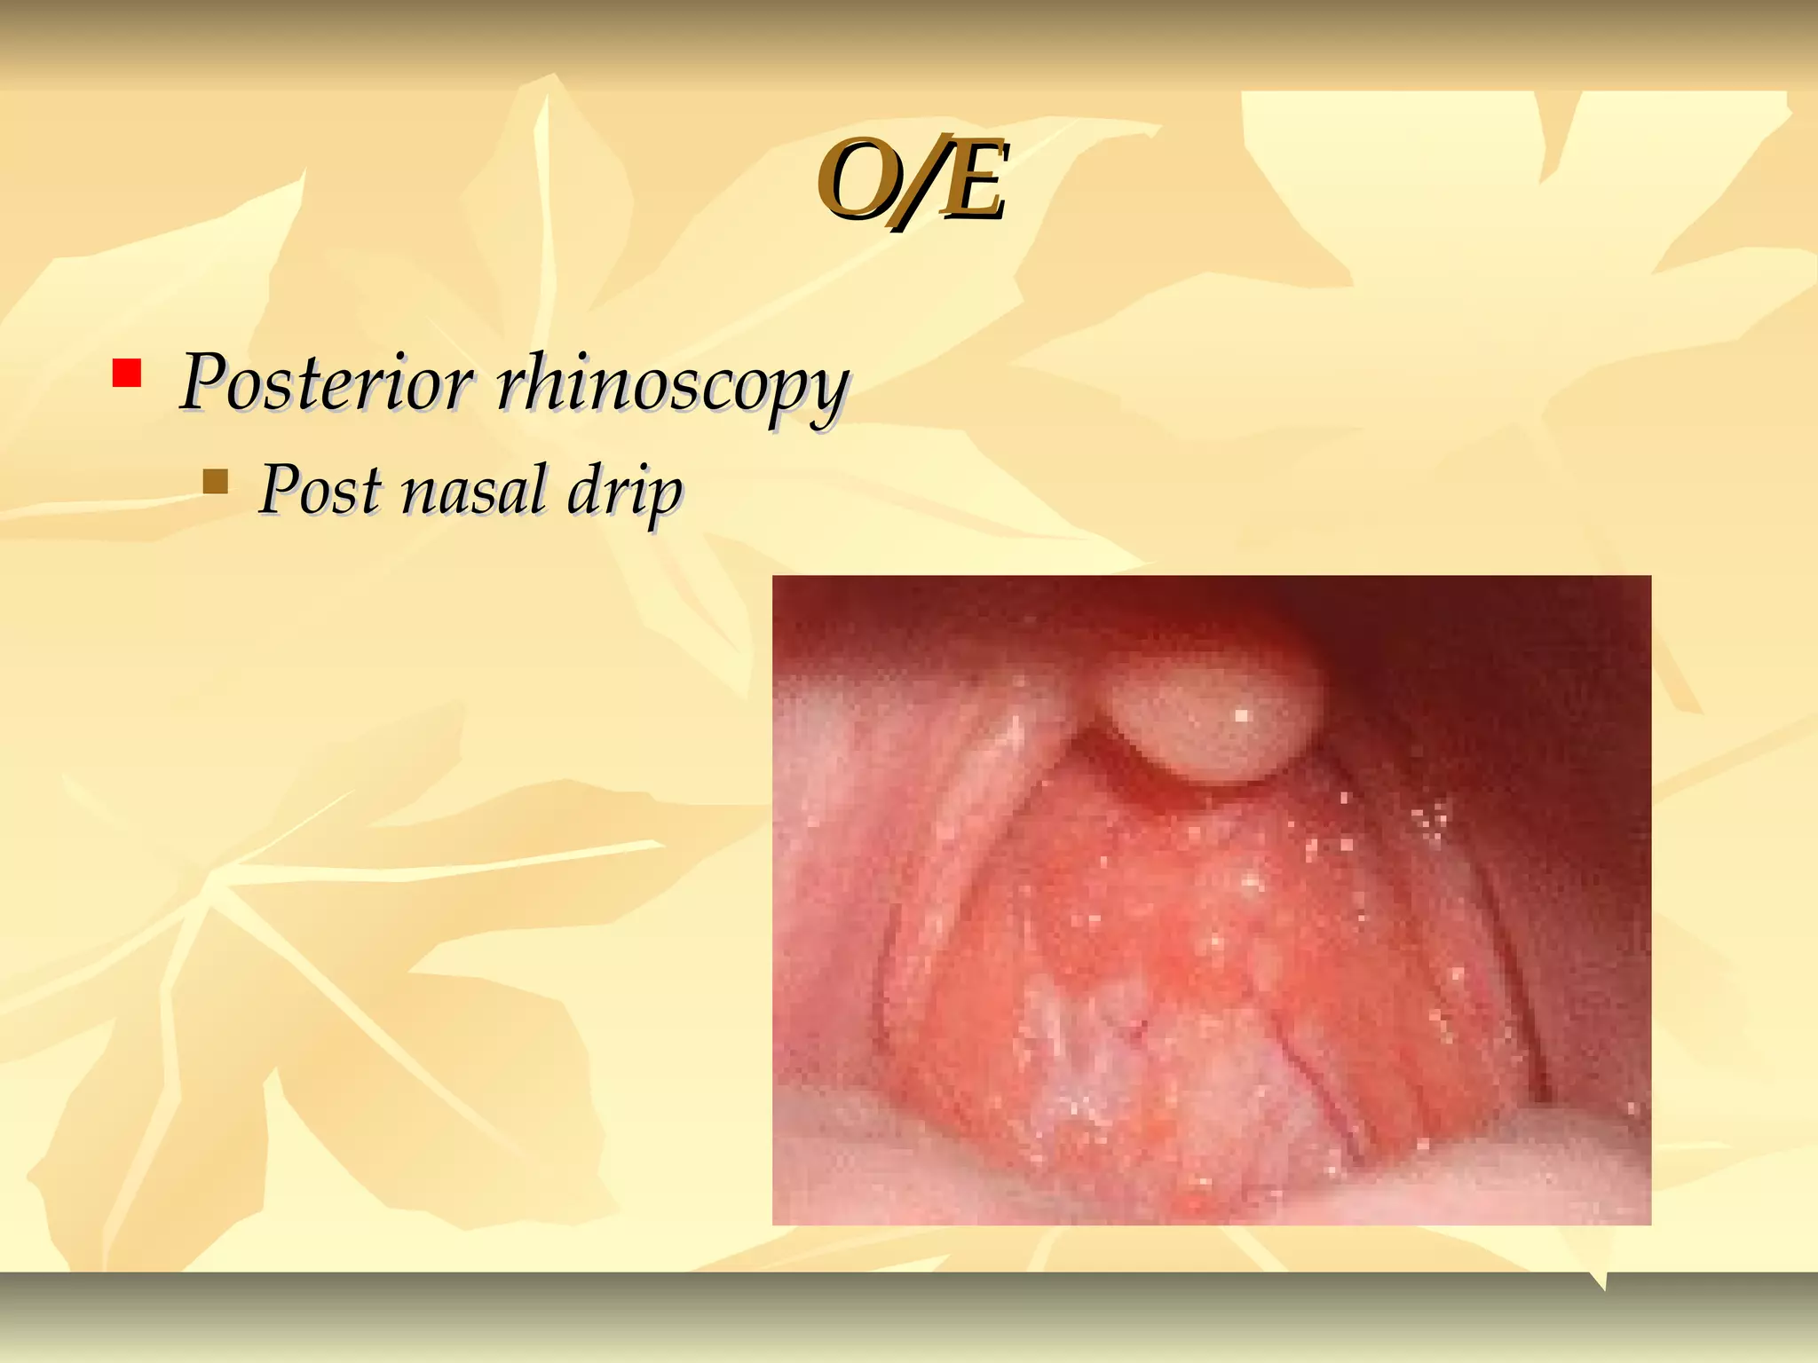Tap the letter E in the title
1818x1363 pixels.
click(971, 181)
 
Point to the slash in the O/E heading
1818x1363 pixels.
click(914, 183)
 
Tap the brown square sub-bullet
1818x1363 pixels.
click(215, 482)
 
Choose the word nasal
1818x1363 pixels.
click(474, 491)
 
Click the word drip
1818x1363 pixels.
click(625, 493)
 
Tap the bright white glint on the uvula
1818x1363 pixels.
click(1241, 714)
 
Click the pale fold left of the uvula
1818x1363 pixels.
click(976, 799)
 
